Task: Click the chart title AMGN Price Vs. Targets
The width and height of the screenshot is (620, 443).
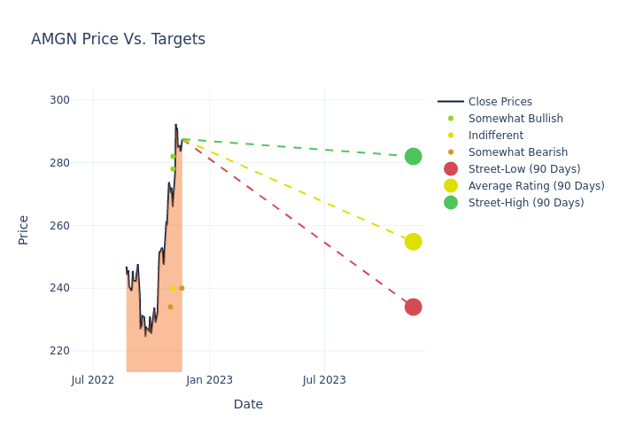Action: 118,39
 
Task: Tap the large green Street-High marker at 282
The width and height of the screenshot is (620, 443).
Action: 413,156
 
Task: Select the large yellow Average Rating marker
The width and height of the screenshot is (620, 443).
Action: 413,242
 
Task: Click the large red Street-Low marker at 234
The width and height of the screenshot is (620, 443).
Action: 413,307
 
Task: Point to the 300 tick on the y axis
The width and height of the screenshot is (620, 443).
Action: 59,100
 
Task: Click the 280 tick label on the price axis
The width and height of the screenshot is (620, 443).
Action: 59,163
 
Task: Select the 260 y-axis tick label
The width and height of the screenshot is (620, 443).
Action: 59,226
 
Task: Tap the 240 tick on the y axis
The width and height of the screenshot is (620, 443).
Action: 59,288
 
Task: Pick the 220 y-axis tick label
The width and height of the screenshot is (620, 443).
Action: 59,351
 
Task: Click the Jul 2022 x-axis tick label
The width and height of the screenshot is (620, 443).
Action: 93,380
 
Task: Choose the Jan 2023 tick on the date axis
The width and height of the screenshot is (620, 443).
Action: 210,380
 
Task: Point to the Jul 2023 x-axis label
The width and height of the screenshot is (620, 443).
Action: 324,380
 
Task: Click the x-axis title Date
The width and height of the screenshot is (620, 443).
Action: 248,405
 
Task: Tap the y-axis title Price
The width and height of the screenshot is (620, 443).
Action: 24,229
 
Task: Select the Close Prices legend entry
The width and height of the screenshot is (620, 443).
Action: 500,102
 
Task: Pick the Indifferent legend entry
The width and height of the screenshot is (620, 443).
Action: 495,136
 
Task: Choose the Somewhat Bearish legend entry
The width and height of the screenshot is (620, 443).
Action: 517,152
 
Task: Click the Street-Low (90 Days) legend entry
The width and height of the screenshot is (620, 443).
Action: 524,169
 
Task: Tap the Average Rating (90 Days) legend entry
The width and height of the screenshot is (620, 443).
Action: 536,186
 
